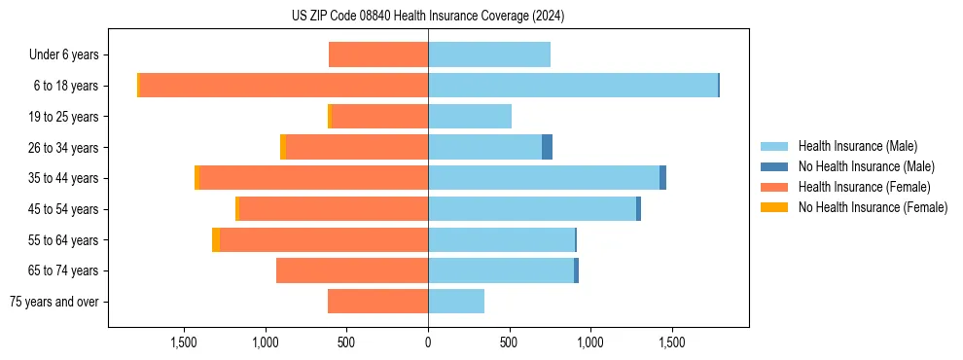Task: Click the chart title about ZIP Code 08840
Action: (428, 17)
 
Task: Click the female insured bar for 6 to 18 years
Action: (283, 86)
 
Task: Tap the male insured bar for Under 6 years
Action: (489, 54)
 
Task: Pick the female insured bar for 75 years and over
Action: (377, 302)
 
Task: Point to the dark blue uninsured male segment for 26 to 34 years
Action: (548, 147)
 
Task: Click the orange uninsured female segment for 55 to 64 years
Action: (216, 240)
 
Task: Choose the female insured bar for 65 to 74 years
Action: (352, 270)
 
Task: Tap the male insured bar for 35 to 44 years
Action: (544, 178)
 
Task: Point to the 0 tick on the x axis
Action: (428, 342)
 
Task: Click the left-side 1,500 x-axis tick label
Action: (184, 342)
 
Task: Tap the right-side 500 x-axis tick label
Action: (509, 342)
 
